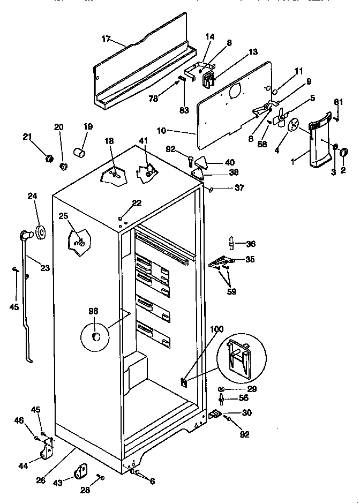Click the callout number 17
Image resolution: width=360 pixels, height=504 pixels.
[106, 38]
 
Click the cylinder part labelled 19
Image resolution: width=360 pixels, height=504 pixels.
[80, 153]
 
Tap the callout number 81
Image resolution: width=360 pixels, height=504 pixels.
[338, 102]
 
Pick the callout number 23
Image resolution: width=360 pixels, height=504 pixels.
[44, 268]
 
